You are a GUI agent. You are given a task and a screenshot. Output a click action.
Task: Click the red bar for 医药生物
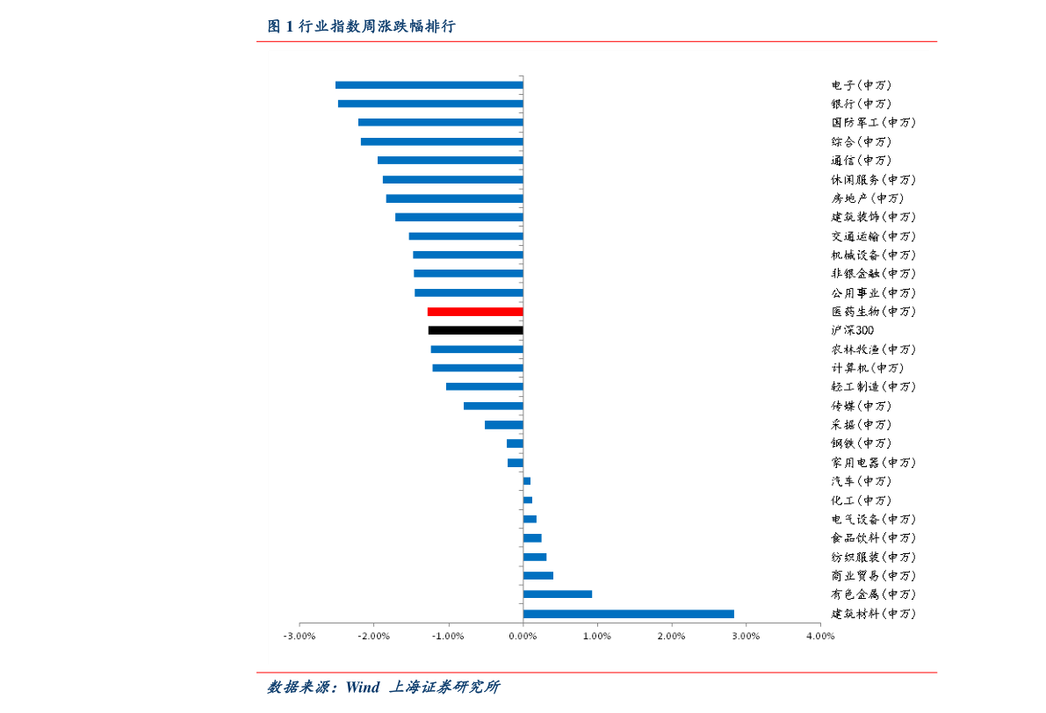(475, 312)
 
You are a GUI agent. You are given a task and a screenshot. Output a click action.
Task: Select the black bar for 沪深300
(475, 330)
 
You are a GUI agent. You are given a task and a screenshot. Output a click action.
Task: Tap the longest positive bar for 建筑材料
(628, 614)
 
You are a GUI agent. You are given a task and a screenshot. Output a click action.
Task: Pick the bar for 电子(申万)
(429, 85)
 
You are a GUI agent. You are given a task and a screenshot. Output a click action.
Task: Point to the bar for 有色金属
(557, 594)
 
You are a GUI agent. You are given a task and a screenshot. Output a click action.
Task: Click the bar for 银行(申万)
(430, 104)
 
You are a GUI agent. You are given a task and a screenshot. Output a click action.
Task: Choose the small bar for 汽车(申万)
(527, 481)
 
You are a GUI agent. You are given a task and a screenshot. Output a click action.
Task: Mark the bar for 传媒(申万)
(493, 406)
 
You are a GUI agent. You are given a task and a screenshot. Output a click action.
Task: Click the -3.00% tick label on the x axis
(299, 637)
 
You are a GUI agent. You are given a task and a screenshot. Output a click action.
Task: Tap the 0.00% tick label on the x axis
(523, 637)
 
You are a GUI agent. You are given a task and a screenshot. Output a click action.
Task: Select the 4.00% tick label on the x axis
(819, 637)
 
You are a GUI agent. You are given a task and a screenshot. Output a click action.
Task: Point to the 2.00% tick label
(671, 637)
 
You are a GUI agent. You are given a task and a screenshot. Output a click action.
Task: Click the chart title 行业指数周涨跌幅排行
(377, 27)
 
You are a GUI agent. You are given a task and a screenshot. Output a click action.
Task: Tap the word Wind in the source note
(362, 687)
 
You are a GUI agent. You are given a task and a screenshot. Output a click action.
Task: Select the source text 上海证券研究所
(444, 687)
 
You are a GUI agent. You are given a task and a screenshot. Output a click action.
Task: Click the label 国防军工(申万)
(873, 123)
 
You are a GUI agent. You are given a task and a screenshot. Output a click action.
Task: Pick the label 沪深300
(852, 330)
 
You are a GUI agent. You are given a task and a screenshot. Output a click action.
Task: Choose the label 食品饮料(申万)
(873, 538)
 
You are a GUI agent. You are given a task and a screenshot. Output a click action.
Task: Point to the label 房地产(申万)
(867, 198)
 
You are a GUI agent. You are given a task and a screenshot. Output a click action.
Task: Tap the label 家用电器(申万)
(873, 463)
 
